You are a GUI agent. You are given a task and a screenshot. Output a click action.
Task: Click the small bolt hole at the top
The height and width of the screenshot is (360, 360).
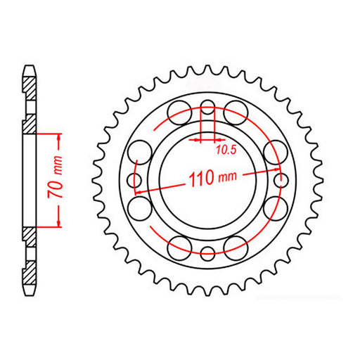tap(208, 108)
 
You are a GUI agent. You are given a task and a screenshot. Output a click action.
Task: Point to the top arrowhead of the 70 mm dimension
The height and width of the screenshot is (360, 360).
tap(58, 136)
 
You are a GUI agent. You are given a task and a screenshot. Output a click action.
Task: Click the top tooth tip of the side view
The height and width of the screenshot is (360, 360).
tap(29, 68)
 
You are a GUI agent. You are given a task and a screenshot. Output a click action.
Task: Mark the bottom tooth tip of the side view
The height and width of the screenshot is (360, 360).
tap(29, 291)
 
